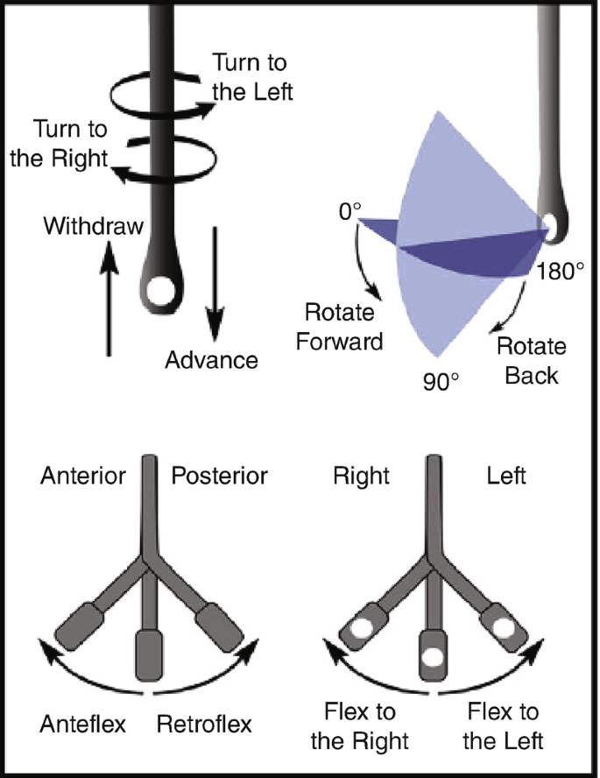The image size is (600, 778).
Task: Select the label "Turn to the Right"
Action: click(70, 145)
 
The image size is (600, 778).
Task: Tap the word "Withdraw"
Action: click(93, 227)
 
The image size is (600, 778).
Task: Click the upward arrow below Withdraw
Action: click(108, 298)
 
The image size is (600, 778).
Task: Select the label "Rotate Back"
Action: click(531, 359)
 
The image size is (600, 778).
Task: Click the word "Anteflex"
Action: click(84, 725)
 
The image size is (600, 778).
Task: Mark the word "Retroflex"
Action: click(204, 725)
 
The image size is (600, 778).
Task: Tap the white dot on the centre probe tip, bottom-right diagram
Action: click(431, 654)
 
